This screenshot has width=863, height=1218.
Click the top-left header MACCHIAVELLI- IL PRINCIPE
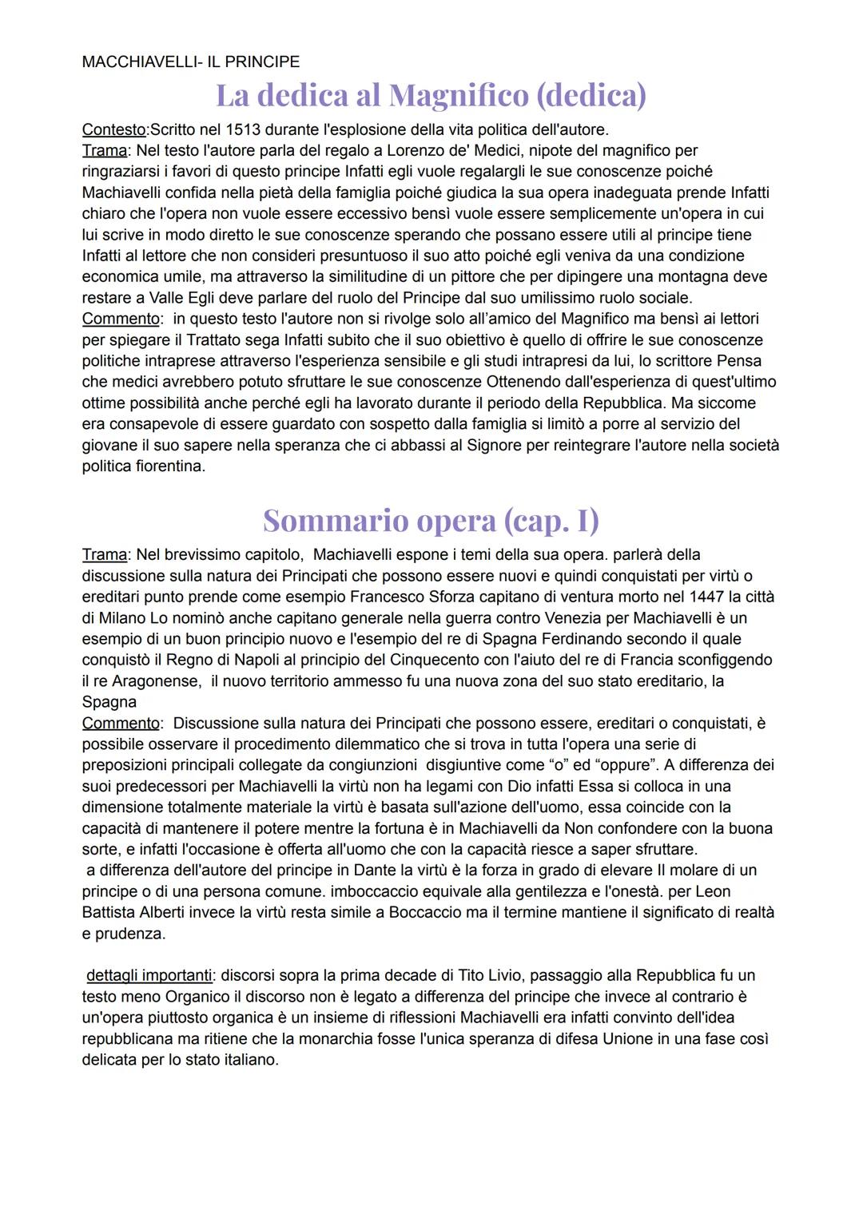pyautogui.click(x=191, y=61)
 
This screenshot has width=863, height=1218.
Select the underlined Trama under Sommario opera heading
pyautogui.click(x=105, y=554)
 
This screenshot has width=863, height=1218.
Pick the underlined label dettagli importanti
pyautogui.click(x=149, y=975)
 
